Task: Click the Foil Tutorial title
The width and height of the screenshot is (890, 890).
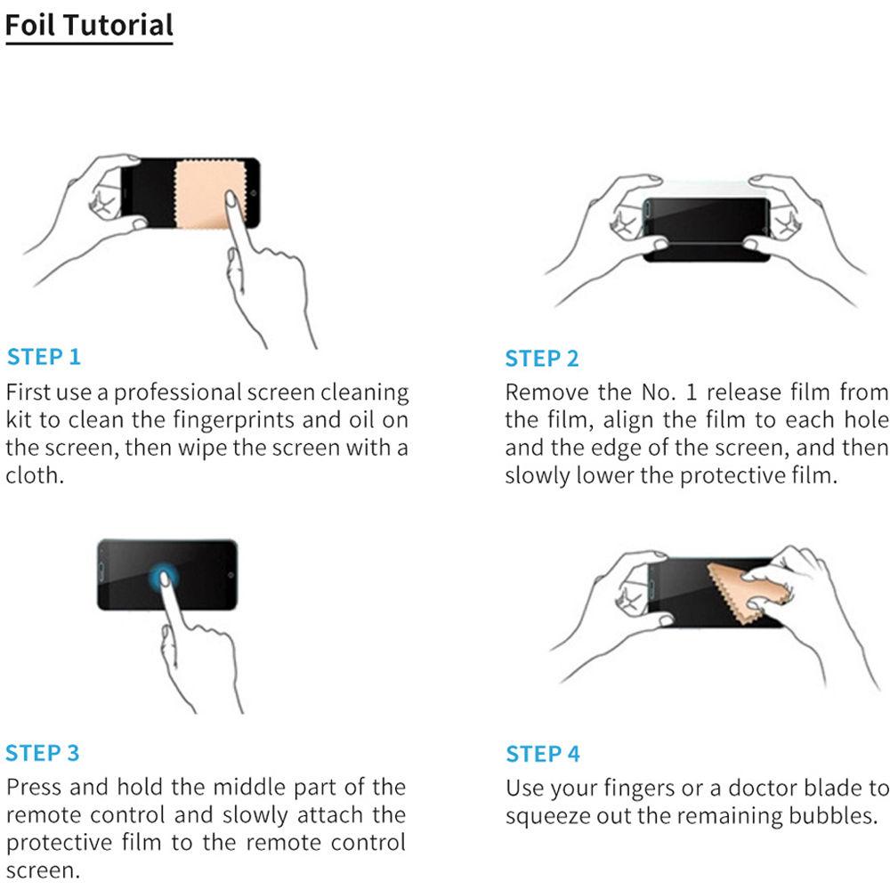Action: [89, 25]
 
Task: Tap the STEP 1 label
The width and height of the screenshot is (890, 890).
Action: [44, 358]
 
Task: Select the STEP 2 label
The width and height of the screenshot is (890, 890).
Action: [542, 359]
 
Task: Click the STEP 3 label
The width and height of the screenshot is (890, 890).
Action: [43, 753]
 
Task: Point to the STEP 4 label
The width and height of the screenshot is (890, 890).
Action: [543, 755]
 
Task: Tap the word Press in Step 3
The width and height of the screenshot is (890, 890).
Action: [35, 788]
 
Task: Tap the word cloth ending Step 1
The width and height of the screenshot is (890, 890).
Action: [35, 474]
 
